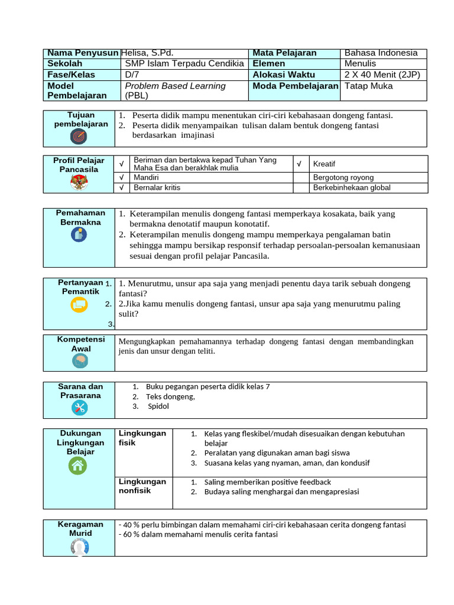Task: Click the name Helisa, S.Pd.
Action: (147, 53)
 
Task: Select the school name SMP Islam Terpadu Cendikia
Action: (184, 64)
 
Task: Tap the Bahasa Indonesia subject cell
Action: (381, 53)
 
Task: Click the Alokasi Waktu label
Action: (284, 75)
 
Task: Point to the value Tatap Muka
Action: (368, 86)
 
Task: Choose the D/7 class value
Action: (132, 75)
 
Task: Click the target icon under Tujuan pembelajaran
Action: (79, 137)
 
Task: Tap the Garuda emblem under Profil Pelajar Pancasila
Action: (79, 182)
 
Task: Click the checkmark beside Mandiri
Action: (121, 177)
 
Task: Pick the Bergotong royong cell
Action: (343, 177)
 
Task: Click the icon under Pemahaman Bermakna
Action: (79, 235)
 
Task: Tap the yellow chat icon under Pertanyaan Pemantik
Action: (79, 304)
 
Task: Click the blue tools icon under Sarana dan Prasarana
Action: (79, 407)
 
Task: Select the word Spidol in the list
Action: (158, 406)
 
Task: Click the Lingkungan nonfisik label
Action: (142, 486)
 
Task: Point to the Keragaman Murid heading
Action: (80, 529)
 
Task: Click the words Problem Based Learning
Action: (176, 86)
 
